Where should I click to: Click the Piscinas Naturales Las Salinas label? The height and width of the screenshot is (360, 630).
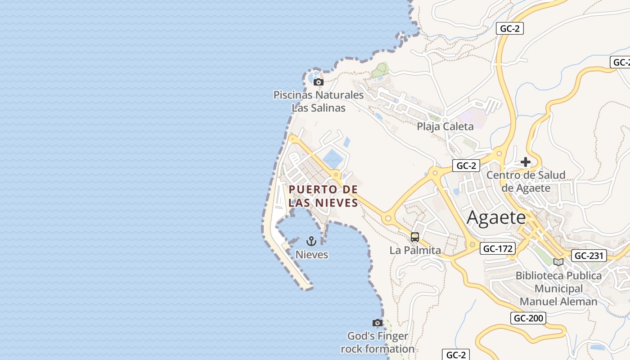(x=319, y=101)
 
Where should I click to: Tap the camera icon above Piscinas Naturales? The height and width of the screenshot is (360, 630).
(x=319, y=82)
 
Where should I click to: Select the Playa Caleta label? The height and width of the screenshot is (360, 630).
(x=445, y=126)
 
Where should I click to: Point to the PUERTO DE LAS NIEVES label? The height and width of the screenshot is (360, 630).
(x=323, y=196)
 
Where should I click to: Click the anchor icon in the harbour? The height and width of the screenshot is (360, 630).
(x=311, y=242)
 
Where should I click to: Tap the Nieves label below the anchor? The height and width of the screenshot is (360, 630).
(x=311, y=255)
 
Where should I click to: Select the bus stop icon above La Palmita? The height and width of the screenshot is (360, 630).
(x=415, y=237)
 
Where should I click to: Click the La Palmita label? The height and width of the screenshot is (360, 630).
(x=415, y=250)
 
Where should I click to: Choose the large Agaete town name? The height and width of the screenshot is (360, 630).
(x=496, y=218)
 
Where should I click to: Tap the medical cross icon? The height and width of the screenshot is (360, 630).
(x=526, y=162)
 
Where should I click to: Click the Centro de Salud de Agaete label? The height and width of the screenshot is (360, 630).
(x=526, y=181)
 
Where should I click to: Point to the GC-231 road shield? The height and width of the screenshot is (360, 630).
(x=589, y=256)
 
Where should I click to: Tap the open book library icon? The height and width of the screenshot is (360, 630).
(x=558, y=262)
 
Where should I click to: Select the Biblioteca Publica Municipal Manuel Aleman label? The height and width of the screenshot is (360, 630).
(x=558, y=288)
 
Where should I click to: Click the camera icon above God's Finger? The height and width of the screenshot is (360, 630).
(x=378, y=323)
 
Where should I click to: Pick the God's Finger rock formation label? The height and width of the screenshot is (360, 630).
(x=378, y=342)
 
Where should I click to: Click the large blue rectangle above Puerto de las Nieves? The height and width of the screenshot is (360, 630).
(x=333, y=159)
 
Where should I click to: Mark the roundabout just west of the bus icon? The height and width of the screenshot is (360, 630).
(x=388, y=219)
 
